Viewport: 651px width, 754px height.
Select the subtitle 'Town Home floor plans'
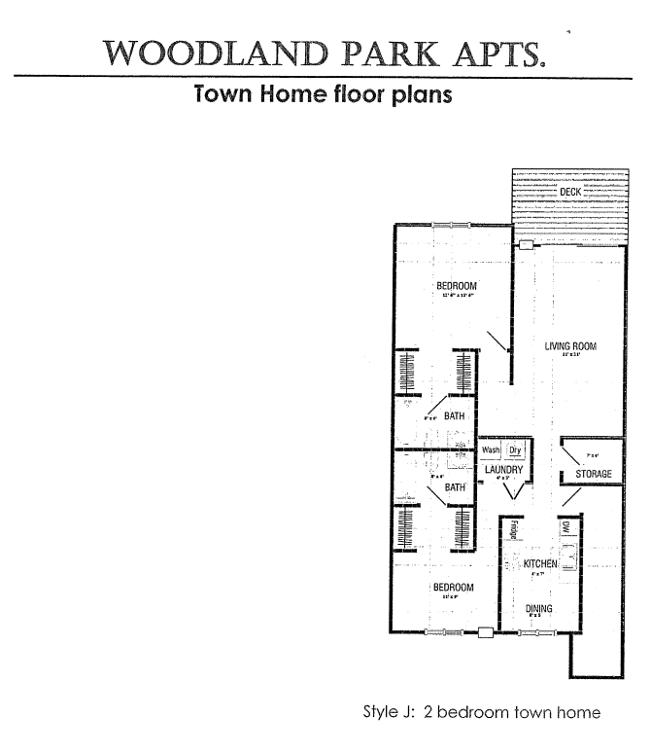pos(324,96)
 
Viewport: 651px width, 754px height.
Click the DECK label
pos(570,193)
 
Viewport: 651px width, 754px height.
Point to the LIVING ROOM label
pos(570,346)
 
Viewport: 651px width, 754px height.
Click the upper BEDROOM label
pos(456,285)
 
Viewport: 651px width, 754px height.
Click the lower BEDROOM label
pos(453,588)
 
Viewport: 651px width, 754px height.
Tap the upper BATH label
pos(455,416)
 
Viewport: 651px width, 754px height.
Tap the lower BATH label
pos(455,486)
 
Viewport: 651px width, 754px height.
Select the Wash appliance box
pos(491,450)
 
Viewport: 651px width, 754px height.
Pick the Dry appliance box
pos(516,450)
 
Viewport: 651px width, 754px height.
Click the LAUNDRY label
pos(504,470)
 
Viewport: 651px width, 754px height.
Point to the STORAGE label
pos(593,474)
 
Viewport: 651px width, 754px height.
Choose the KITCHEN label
pos(540,564)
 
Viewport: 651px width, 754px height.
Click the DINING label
pos(539,609)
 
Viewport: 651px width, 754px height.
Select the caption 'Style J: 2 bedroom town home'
pos(481,712)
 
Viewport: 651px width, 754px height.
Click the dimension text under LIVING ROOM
pos(570,356)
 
